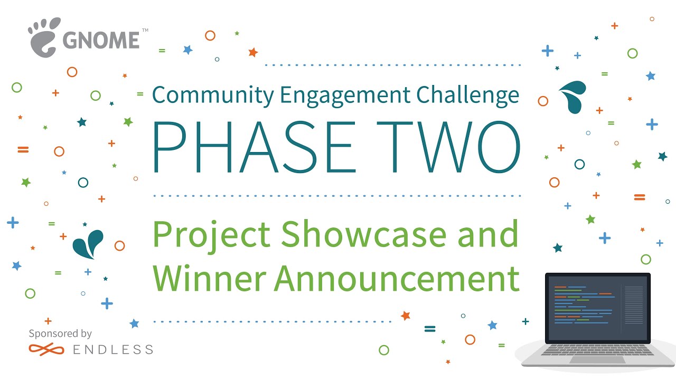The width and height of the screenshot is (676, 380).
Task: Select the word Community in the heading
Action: click(x=213, y=96)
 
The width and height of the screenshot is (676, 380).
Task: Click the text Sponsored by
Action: click(x=60, y=334)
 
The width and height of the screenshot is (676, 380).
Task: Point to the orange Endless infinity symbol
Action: click(x=45, y=349)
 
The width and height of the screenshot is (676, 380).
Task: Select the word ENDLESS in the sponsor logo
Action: click(x=112, y=349)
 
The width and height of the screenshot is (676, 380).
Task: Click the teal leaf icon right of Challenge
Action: click(x=574, y=97)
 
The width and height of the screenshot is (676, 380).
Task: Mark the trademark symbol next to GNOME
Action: click(x=145, y=31)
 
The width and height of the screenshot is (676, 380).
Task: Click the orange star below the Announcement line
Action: click(x=405, y=316)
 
